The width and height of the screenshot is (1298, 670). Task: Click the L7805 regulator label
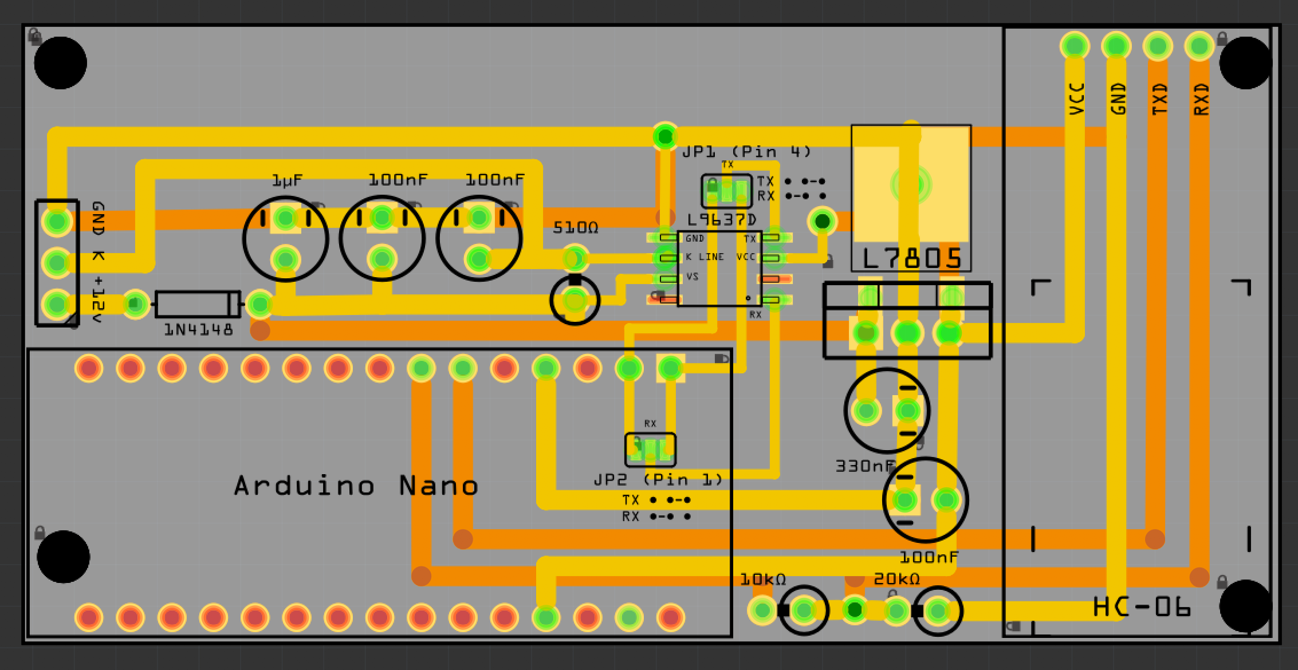pyautogui.click(x=911, y=259)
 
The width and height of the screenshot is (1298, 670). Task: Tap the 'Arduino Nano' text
pyautogui.click(x=356, y=486)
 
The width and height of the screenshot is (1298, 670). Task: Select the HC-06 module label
pyautogui.click(x=1142, y=607)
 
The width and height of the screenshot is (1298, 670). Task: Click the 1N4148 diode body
pyautogui.click(x=197, y=304)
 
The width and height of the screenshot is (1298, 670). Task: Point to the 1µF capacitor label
pyautogui.click(x=287, y=181)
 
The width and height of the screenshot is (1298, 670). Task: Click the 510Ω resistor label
pyautogui.click(x=575, y=228)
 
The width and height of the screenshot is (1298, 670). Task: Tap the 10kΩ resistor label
pyautogui.click(x=762, y=580)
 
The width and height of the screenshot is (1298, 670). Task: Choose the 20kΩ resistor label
pyautogui.click(x=896, y=580)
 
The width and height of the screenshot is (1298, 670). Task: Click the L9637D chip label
pyautogui.click(x=722, y=220)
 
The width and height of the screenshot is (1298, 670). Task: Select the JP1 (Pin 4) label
pyautogui.click(x=746, y=152)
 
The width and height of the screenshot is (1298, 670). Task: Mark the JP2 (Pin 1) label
pyautogui.click(x=658, y=479)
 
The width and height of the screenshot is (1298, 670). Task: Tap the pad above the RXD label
pyautogui.click(x=1199, y=46)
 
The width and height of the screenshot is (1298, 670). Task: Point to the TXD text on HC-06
pyautogui.click(x=1159, y=98)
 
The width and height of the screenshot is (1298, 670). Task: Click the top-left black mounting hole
pyautogui.click(x=60, y=63)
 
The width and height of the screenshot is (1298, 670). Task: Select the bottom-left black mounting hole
pyautogui.click(x=63, y=557)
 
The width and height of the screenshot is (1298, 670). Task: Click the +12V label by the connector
pyautogui.click(x=98, y=299)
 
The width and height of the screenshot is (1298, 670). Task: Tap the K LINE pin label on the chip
pyautogui.click(x=705, y=257)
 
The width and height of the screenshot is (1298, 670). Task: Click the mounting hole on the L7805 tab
pyautogui.click(x=911, y=184)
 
